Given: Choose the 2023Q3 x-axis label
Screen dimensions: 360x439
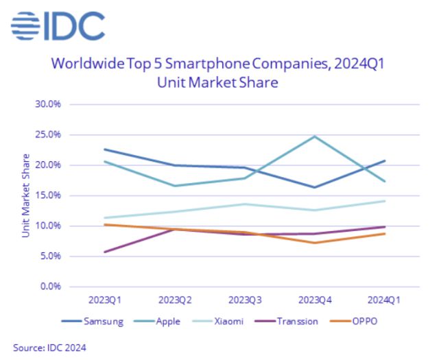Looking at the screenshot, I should pyautogui.click(x=244, y=300).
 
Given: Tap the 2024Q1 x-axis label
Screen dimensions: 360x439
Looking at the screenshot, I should pyautogui.click(x=384, y=300).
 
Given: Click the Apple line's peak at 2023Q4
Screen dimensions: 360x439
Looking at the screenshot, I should pyautogui.click(x=314, y=136).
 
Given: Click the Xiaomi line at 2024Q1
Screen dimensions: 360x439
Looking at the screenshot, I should pyautogui.click(x=384, y=201).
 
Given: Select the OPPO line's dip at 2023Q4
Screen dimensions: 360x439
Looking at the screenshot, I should pyautogui.click(x=314, y=243).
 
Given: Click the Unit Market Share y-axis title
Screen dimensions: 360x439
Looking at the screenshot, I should pyautogui.click(x=25, y=195).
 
